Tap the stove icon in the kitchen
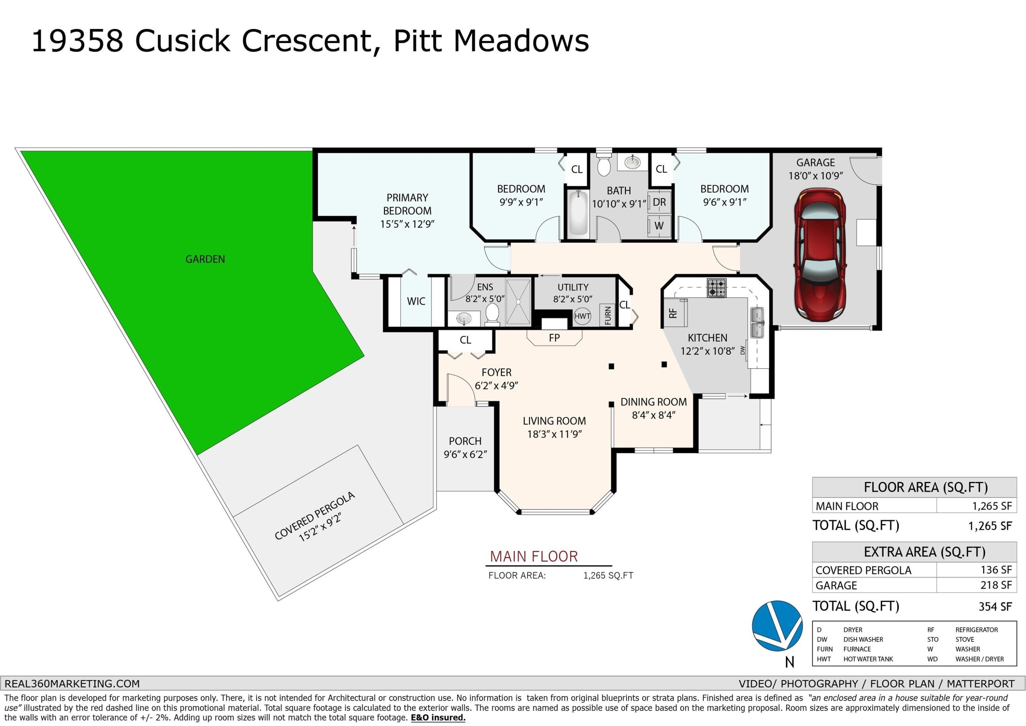[x=716, y=288]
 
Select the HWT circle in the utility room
[x=582, y=316]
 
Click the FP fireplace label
[x=554, y=338]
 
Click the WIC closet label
[x=416, y=302]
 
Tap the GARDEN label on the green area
[x=205, y=259]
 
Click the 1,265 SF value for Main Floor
[x=991, y=506]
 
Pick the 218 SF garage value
[x=996, y=585]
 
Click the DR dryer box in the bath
[x=659, y=202]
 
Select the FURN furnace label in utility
[x=608, y=315]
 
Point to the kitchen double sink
[x=757, y=322]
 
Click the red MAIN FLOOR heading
[x=534, y=557]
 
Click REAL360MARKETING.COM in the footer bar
[x=72, y=684]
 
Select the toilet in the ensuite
[x=492, y=313]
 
